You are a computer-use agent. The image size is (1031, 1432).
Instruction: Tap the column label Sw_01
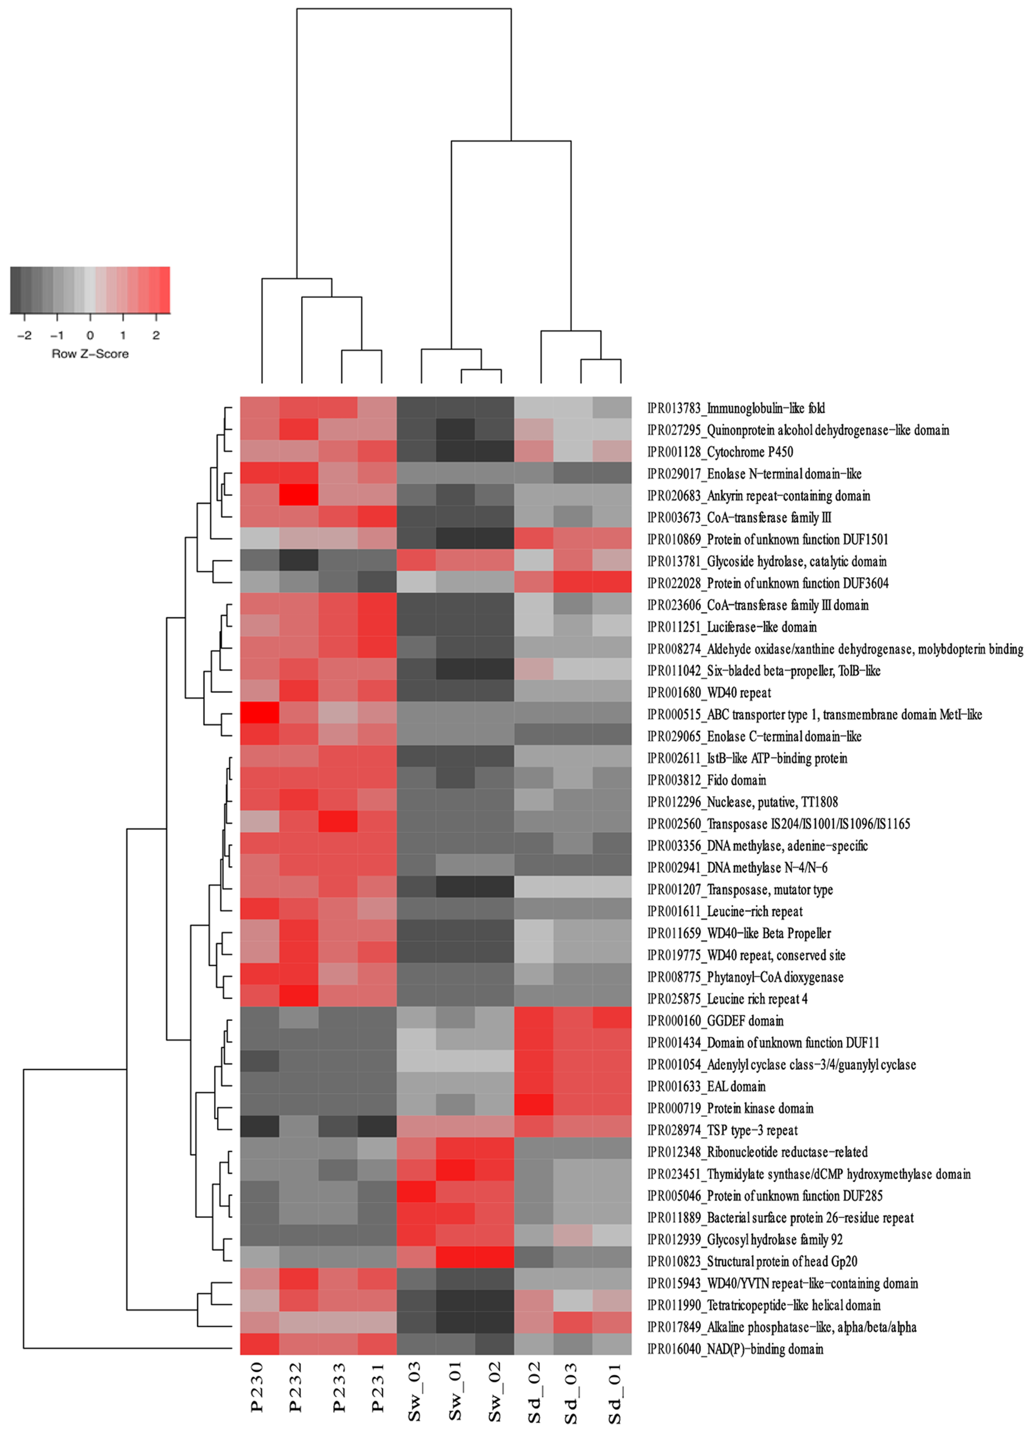455,1394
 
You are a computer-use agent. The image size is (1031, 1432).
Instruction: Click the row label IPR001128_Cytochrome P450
720,452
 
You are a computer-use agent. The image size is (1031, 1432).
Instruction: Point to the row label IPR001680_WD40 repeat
709,693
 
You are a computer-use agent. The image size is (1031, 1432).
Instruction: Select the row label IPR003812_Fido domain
706,780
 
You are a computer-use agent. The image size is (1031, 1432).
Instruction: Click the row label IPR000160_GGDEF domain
715,1021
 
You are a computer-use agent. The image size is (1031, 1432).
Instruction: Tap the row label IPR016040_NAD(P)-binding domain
735,1350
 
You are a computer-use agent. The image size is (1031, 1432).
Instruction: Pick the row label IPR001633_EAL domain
706,1087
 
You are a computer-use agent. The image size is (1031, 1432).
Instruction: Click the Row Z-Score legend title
90,354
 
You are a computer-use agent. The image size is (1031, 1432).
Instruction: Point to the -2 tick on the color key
25,336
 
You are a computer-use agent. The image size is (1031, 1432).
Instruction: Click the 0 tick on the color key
90,336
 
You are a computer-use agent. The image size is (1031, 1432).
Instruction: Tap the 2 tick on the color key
156,336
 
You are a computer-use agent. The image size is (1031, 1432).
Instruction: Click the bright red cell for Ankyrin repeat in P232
299,495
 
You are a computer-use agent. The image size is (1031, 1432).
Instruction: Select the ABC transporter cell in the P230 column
259,714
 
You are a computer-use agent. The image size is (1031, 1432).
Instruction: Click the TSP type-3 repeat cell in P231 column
377,1130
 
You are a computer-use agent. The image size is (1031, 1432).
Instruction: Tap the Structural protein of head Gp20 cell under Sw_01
455,1261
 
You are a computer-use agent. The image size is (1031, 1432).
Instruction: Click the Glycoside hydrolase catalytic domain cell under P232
299,561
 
